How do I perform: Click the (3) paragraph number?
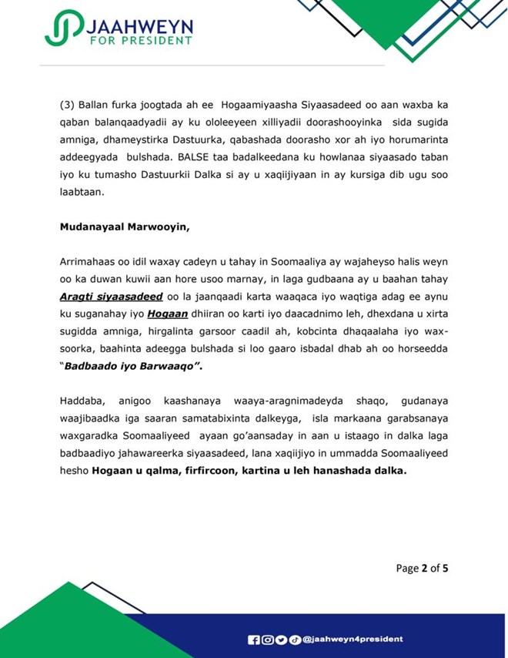(67, 103)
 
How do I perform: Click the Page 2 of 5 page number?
(422, 569)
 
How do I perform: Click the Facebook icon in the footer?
(253, 640)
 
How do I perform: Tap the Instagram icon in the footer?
(267, 640)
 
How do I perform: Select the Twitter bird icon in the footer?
(281, 640)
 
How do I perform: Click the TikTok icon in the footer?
(295, 640)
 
